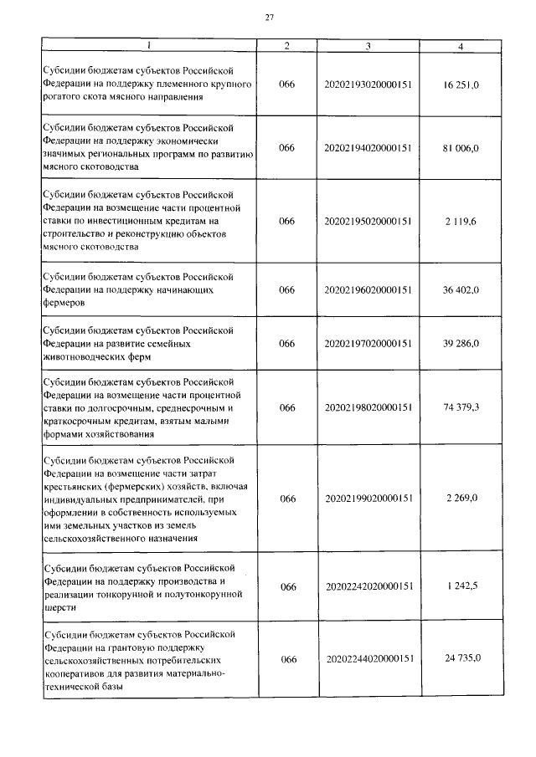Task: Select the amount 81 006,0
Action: point(461,148)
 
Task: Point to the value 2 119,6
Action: point(461,222)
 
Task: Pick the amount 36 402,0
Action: point(461,290)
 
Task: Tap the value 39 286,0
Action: point(461,344)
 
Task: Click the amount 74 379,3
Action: point(461,407)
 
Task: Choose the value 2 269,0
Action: point(461,499)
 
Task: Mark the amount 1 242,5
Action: point(461,586)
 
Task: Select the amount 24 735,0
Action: point(461,659)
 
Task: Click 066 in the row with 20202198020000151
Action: point(287,407)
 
